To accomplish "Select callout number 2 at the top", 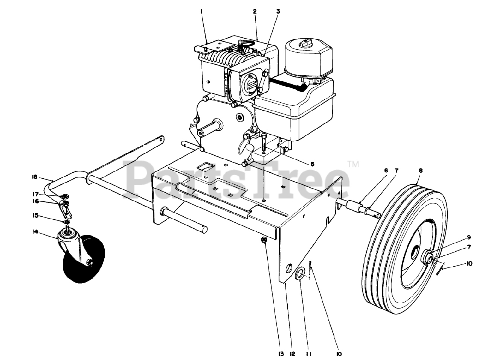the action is tap(255, 12).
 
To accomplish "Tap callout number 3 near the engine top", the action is tap(278, 12).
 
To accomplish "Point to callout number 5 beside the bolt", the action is tap(312, 164).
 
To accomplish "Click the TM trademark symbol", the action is tap(353, 164).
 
